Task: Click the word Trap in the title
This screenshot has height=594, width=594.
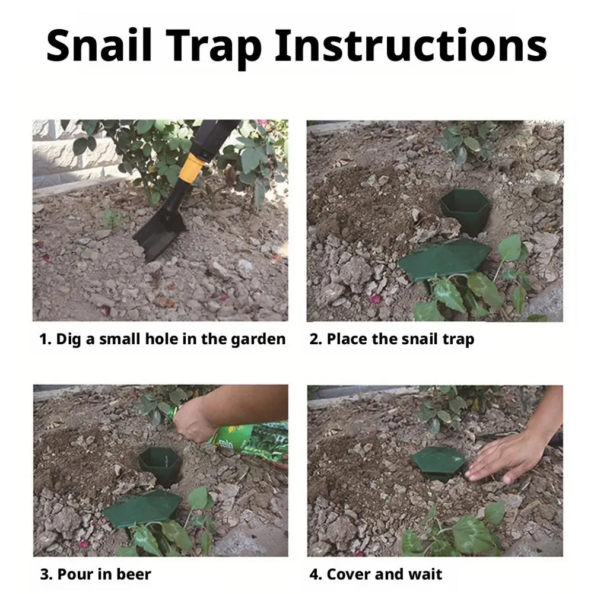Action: point(214,49)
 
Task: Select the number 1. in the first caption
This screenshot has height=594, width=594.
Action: point(45,339)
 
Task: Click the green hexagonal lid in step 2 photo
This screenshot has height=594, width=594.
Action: point(444,259)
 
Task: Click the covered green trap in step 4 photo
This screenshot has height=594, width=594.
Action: point(438,462)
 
